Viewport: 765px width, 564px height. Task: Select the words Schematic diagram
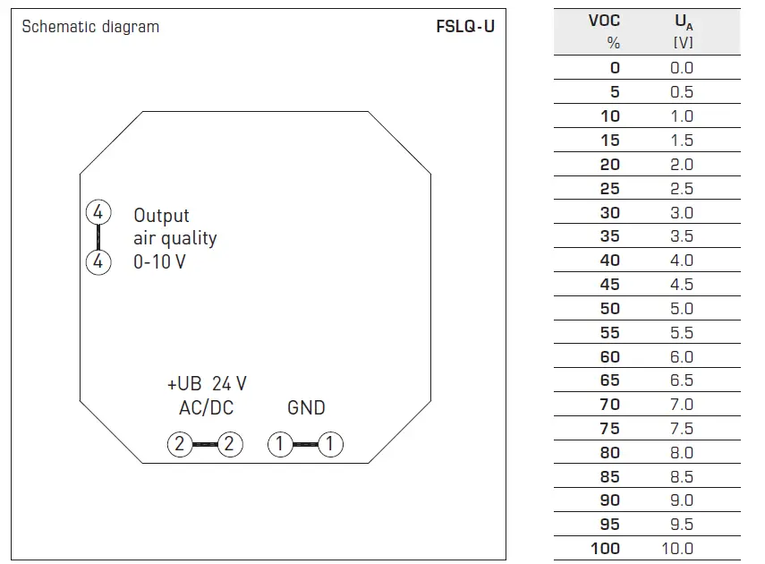[90, 27]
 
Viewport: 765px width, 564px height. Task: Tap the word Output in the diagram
[162, 216]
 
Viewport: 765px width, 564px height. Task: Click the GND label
[306, 408]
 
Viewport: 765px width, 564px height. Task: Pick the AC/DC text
[206, 408]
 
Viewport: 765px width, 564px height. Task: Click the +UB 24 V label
[207, 384]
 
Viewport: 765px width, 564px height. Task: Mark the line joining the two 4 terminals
[98, 238]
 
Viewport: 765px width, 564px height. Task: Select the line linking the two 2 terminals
[206, 444]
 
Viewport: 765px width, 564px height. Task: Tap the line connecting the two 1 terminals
[306, 444]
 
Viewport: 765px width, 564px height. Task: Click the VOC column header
[604, 21]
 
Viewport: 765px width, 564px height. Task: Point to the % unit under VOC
[613, 43]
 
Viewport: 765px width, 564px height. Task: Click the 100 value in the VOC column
[605, 548]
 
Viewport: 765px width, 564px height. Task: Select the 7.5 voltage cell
[682, 428]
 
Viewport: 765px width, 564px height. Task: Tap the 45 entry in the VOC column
[609, 284]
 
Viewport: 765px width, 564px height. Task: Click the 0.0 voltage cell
[682, 67]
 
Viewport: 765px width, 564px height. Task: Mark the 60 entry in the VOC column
[609, 356]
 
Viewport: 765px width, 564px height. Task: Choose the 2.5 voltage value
[682, 188]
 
